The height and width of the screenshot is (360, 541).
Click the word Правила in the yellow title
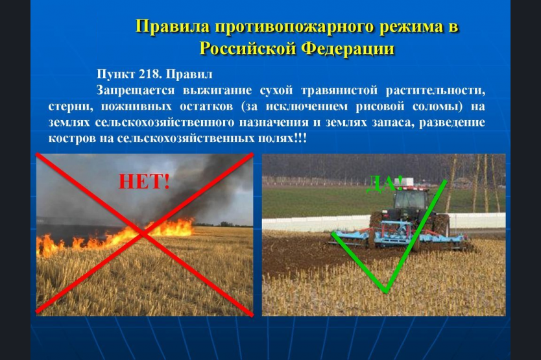click(173, 26)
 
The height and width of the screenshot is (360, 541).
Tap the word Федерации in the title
click(348, 48)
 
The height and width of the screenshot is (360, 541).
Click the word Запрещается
click(136, 90)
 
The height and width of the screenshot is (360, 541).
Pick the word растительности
click(435, 90)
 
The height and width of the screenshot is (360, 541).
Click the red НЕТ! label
click(144, 182)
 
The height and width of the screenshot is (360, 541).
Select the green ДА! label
click(384, 184)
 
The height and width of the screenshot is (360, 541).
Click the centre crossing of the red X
click(143, 234)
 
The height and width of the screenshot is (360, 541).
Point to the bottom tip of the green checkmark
click(387, 292)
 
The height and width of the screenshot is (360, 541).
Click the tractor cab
click(411, 199)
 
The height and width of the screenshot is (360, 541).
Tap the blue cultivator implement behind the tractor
click(397, 235)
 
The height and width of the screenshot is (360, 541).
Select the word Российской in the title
click(248, 48)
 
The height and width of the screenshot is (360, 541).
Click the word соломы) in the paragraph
click(437, 106)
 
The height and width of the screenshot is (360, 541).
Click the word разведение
click(452, 123)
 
